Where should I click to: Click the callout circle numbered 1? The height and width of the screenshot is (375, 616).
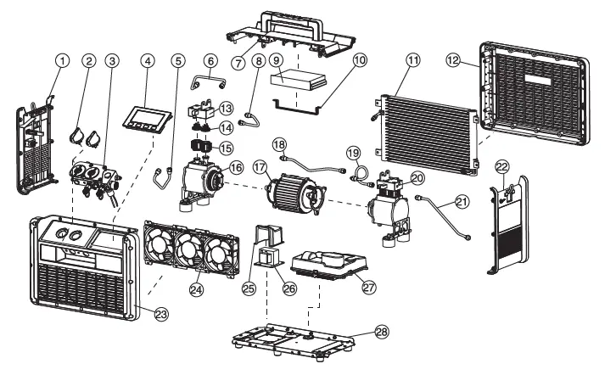coord(60,61)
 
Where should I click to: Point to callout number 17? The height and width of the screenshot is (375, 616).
coord(259,168)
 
